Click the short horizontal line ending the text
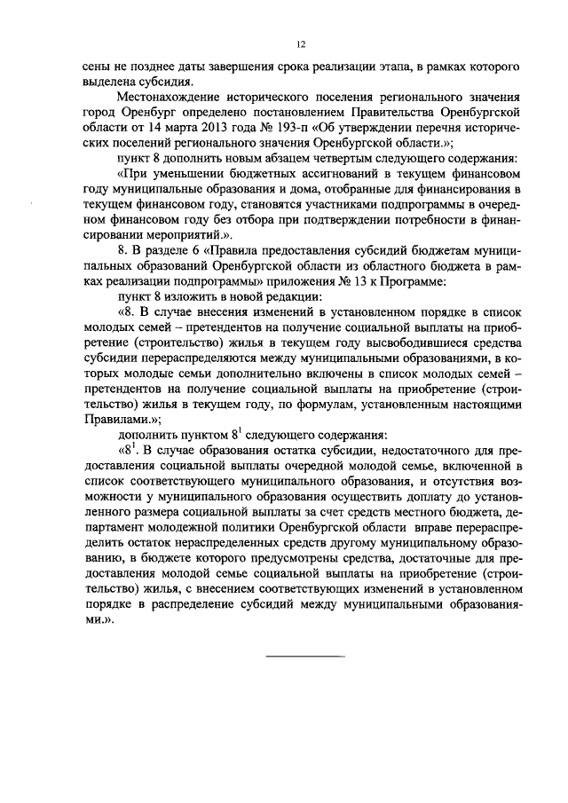(x=306, y=657)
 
